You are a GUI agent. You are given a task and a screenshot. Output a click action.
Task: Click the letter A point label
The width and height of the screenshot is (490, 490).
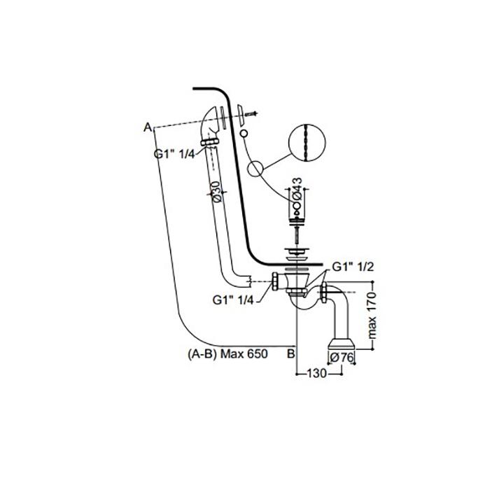pyautogui.click(x=148, y=127)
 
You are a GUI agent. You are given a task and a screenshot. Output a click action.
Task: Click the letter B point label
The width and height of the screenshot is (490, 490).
pyautogui.click(x=290, y=353)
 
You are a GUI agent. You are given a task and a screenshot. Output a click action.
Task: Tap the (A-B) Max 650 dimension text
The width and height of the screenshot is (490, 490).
pyautogui.click(x=227, y=353)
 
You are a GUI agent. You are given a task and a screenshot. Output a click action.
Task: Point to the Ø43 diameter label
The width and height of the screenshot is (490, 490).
pyautogui.click(x=297, y=189)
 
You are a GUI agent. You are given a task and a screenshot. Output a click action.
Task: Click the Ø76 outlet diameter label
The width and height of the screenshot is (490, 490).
pyautogui.click(x=342, y=357)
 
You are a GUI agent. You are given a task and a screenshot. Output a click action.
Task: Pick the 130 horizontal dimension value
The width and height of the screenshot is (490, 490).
pyautogui.click(x=317, y=373)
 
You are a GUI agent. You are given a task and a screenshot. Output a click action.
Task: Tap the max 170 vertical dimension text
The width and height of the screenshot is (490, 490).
pyautogui.click(x=372, y=315)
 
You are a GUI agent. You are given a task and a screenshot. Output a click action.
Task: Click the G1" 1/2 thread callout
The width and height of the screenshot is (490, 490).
pyautogui.click(x=353, y=267)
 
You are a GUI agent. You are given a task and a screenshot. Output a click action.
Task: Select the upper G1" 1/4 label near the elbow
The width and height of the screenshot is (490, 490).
pyautogui.click(x=174, y=154)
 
